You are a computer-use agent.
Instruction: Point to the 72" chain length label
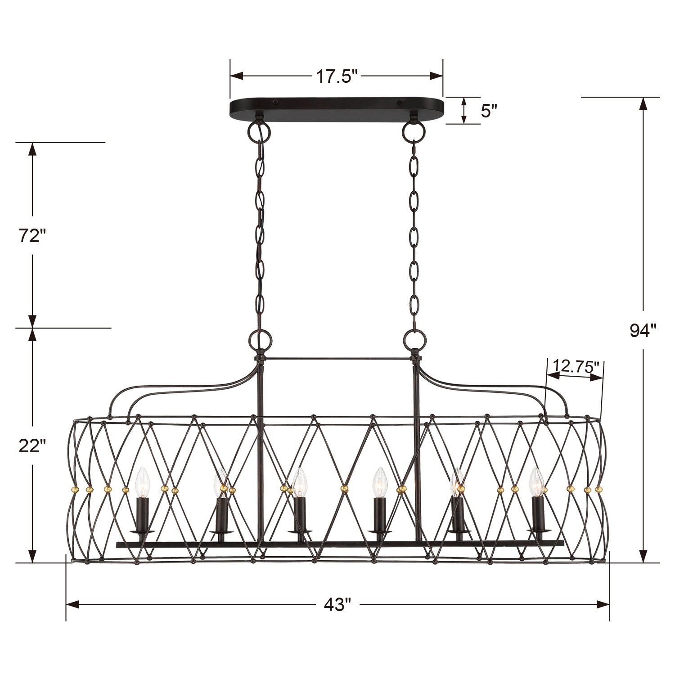pyautogui.click(x=32, y=236)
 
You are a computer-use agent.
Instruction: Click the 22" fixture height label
pyautogui.click(x=32, y=445)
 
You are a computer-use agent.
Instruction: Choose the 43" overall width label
pyautogui.click(x=337, y=604)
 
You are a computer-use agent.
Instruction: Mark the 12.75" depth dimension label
pyautogui.click(x=576, y=365)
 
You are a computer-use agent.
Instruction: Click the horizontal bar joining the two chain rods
pyautogui.click(x=337, y=359)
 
